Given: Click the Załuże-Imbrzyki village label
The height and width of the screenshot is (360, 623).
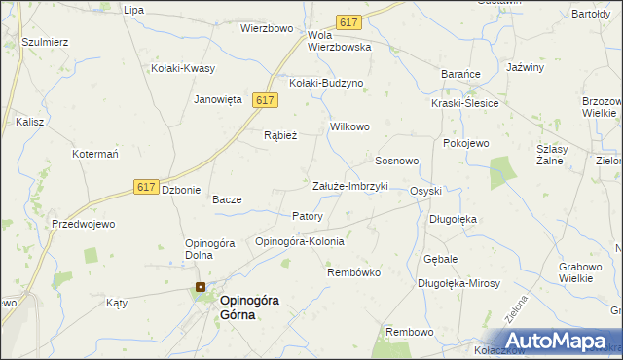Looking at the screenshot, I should [349, 186].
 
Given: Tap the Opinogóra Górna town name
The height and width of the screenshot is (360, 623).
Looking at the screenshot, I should [249, 307].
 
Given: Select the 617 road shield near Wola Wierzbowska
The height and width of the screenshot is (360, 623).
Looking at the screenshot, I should [348, 21].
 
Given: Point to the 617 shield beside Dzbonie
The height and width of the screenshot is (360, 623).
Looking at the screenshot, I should [146, 187].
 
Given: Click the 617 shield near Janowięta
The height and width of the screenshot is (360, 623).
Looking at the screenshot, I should [266, 100].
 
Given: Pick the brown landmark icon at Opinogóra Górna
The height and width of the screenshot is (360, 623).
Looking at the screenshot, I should [201, 287].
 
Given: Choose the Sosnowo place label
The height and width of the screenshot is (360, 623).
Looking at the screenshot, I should [397, 160].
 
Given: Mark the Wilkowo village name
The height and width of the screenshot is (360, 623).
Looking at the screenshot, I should [350, 127].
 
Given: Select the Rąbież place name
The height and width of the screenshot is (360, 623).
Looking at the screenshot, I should [280, 136].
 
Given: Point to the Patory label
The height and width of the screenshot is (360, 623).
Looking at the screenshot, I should [308, 216].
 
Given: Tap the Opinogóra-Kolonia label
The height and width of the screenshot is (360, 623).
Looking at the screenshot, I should [299, 241].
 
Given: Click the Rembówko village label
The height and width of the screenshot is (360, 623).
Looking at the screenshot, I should [353, 272].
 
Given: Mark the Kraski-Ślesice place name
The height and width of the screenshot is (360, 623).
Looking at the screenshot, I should [465, 104].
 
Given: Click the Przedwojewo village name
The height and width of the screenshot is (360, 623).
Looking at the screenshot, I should [84, 224].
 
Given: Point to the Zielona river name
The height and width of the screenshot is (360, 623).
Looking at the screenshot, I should [517, 309].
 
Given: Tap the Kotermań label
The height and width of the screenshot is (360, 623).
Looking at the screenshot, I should [95, 155].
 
